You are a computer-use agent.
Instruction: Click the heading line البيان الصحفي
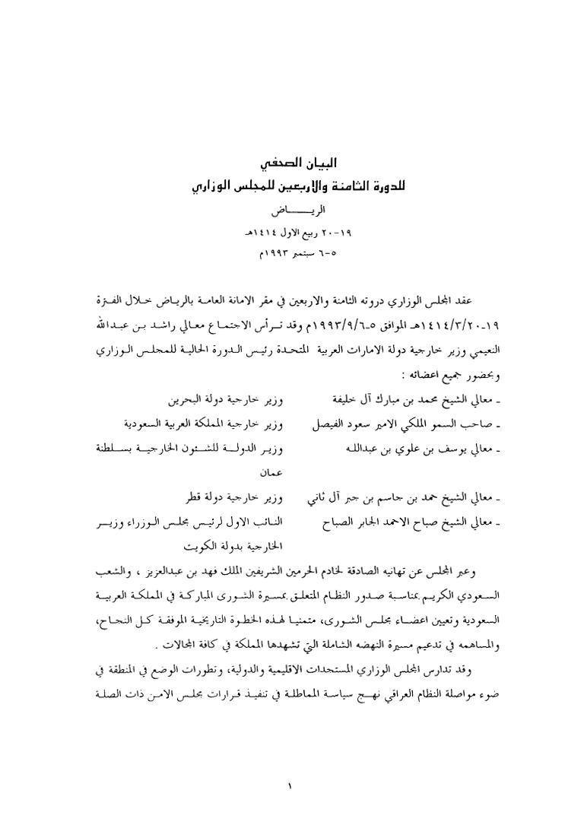(292, 164)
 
